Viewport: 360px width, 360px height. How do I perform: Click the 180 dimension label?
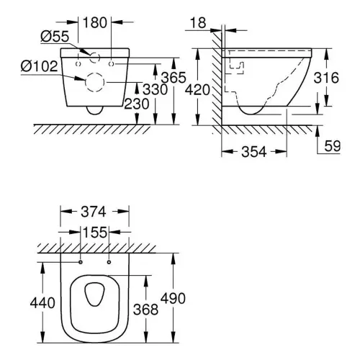(95, 23)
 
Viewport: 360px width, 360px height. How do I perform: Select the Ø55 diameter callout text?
(55, 37)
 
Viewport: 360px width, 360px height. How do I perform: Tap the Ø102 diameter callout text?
(40, 66)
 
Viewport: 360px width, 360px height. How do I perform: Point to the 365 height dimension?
(174, 78)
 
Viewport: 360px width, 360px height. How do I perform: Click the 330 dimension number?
(155, 89)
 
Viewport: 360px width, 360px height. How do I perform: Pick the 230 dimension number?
(137, 104)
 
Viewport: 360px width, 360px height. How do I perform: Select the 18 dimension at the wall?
(198, 23)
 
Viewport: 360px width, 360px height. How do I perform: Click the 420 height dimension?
(198, 90)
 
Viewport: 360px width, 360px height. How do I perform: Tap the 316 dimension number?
(326, 78)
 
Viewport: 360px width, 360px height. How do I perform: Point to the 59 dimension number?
(333, 145)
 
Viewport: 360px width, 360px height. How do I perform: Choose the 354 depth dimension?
(254, 152)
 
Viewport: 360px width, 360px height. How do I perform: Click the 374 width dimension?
(94, 212)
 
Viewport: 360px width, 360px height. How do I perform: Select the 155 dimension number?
(94, 233)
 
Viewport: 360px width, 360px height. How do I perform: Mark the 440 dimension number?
(42, 303)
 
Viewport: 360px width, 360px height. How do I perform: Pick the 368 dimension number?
(145, 309)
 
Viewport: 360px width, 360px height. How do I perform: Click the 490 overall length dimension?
(173, 298)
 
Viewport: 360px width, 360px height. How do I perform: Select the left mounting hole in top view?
(81, 262)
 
